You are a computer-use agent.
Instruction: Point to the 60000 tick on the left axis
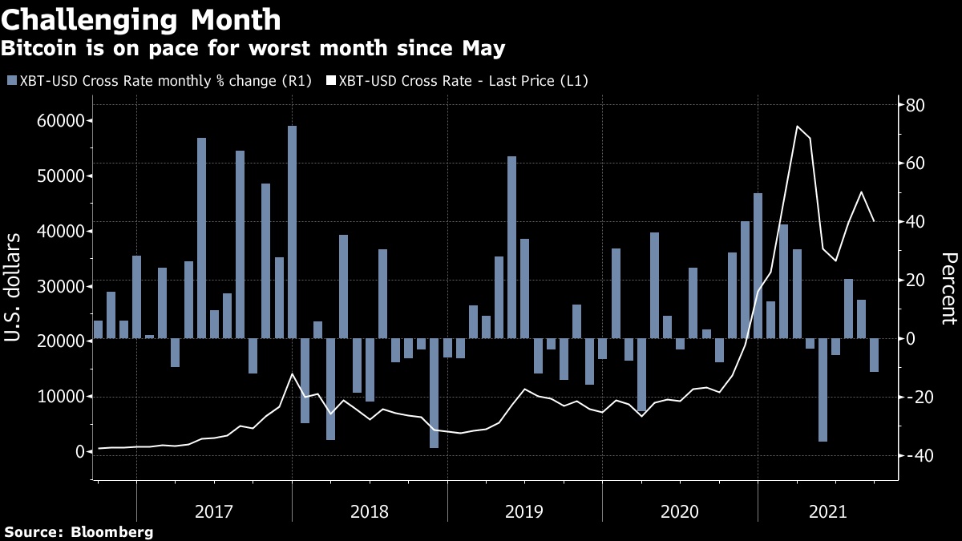(x=62, y=121)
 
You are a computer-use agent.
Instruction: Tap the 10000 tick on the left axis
(x=62, y=397)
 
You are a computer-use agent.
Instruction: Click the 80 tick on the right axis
(x=916, y=106)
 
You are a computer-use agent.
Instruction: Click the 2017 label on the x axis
(x=214, y=511)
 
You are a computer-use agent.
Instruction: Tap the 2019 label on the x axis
(x=524, y=511)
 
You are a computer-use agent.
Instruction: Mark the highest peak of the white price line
(x=797, y=126)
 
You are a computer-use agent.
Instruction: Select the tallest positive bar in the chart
(x=293, y=232)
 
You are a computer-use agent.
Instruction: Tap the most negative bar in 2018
(x=434, y=393)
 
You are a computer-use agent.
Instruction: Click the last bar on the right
(x=874, y=354)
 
